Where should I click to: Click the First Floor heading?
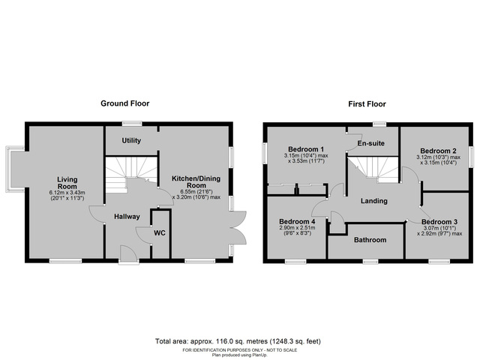click(367, 103)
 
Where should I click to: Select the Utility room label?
click(132, 139)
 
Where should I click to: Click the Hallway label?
click(127, 217)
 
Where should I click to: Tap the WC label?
click(158, 232)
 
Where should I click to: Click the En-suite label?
click(370, 142)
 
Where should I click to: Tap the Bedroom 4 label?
click(296, 222)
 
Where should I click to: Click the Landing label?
click(373, 201)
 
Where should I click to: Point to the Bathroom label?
click(370, 240)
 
